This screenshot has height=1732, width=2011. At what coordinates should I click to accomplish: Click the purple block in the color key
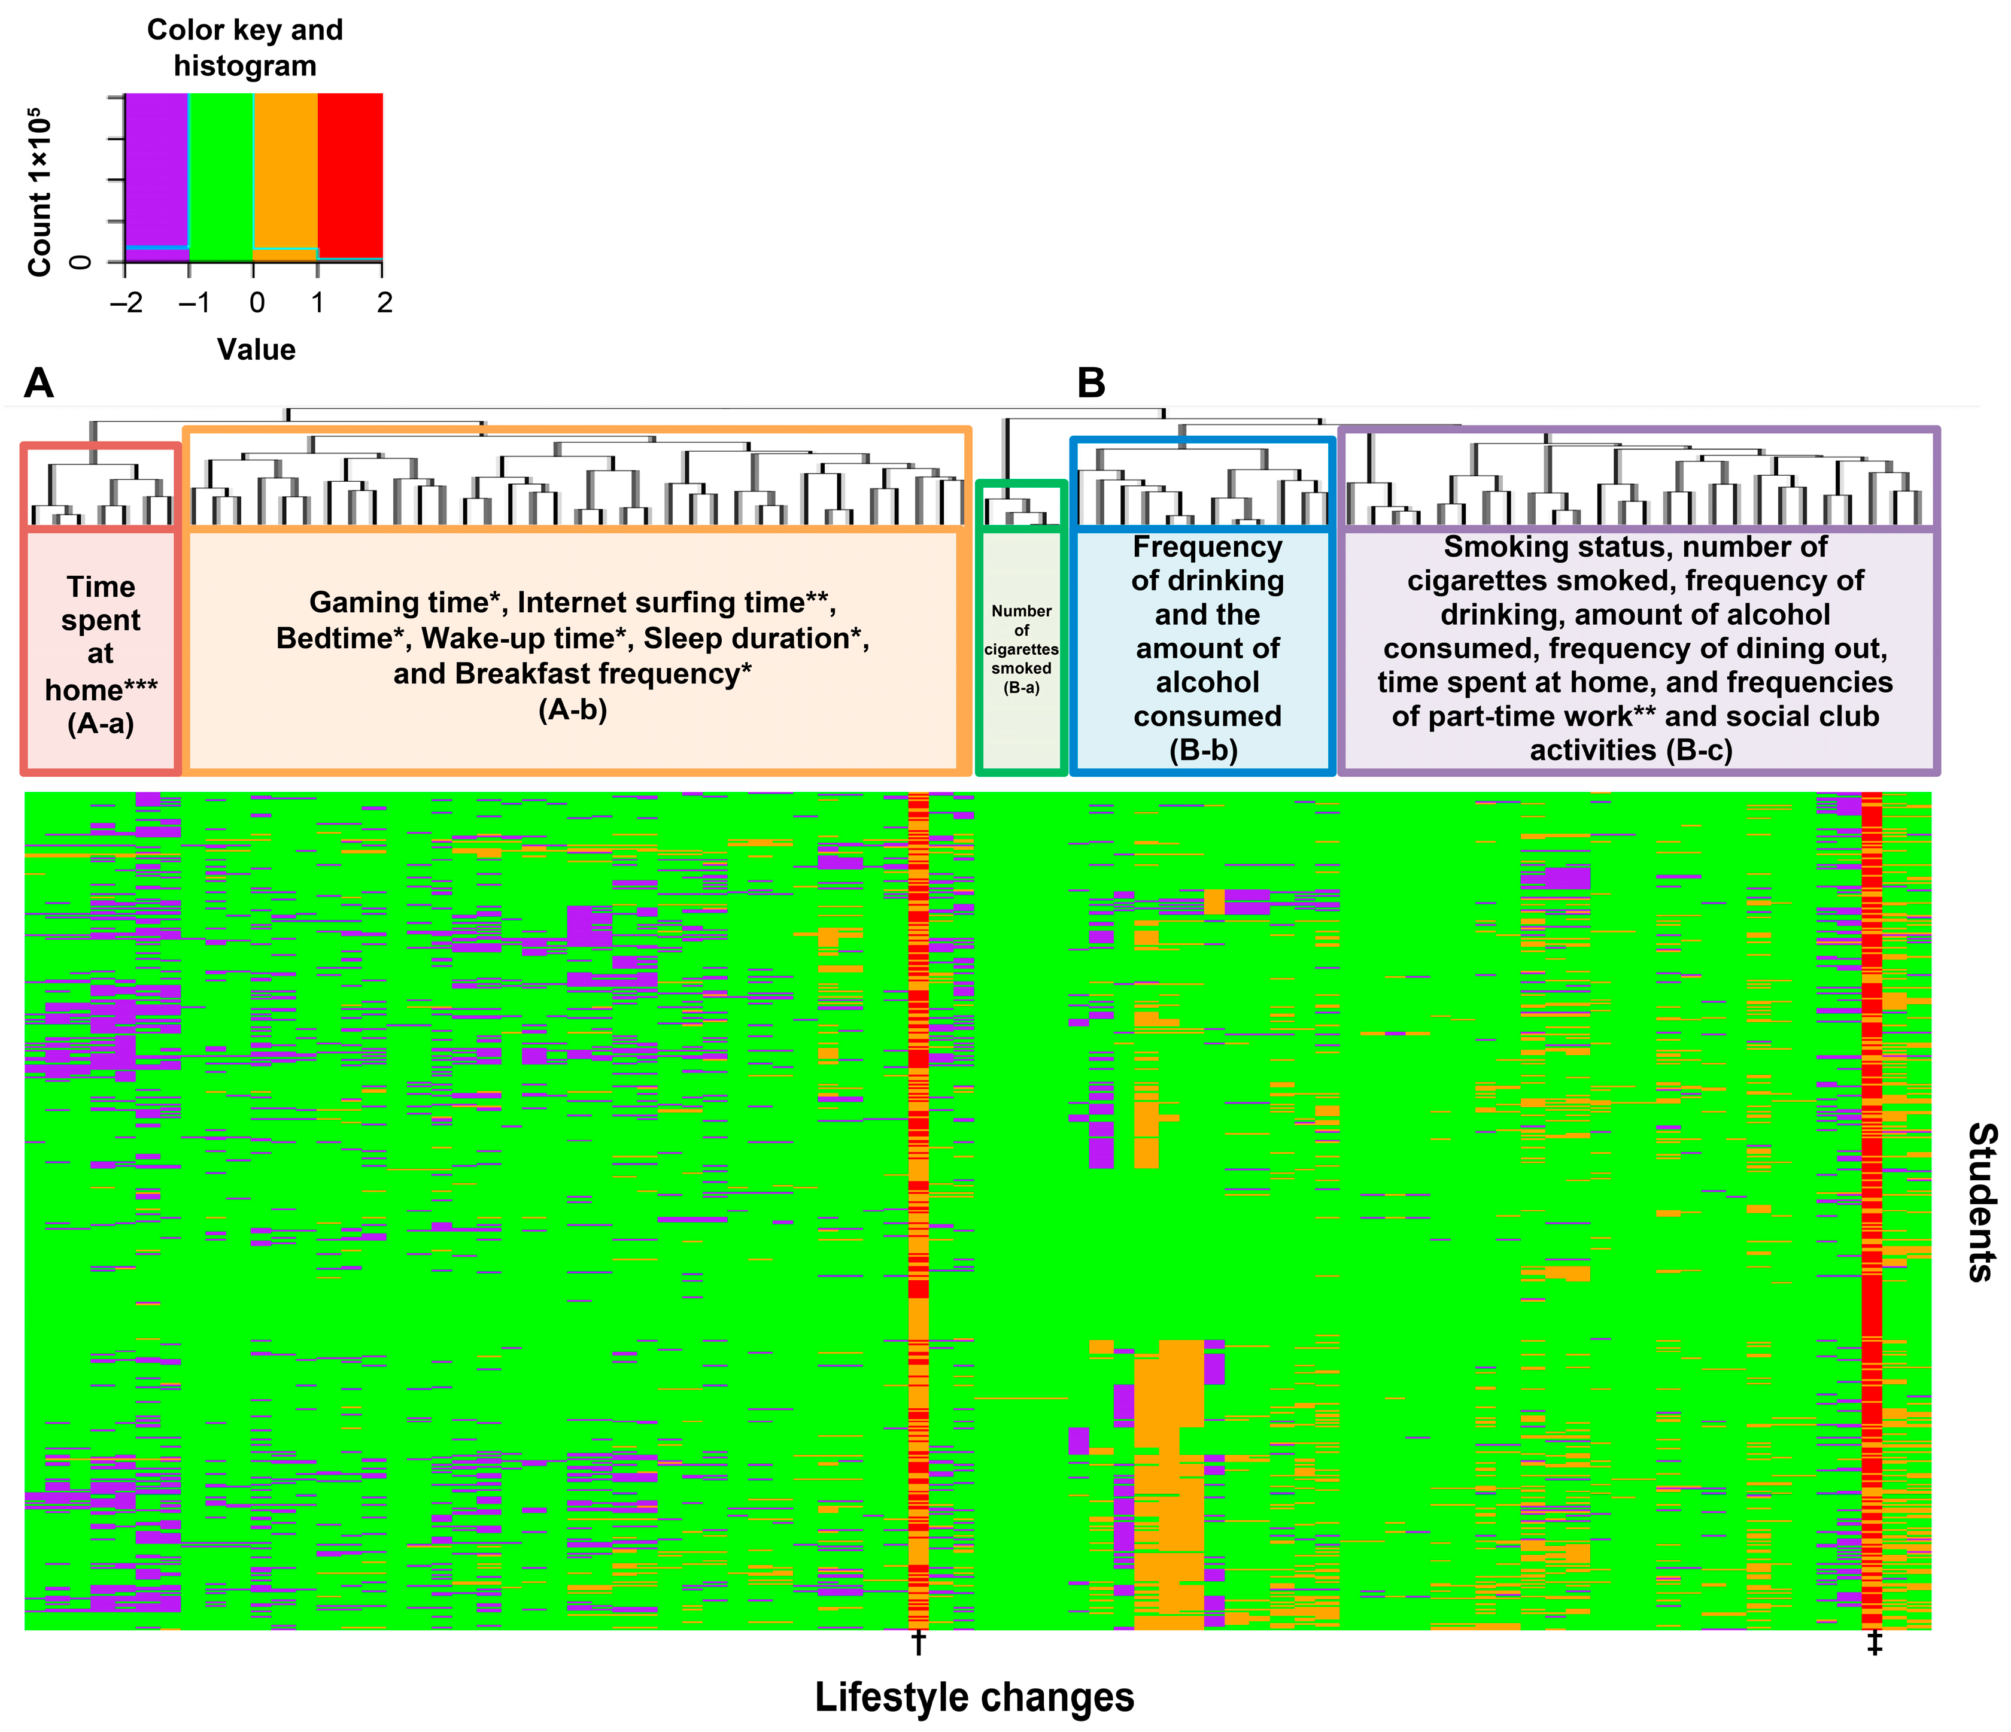156,175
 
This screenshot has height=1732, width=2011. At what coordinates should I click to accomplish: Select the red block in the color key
350,175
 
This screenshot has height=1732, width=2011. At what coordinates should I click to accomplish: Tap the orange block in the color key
285,175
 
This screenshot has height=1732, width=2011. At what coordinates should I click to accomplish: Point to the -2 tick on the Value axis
125,303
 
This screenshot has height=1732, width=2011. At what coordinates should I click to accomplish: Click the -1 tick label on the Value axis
193,303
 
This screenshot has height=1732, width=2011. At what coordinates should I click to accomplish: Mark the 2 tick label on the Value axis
384,303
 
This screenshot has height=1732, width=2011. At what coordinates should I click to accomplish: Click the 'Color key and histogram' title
245,47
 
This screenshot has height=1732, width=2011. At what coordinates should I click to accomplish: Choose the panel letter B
1091,383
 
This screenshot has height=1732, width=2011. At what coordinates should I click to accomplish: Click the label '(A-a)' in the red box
101,724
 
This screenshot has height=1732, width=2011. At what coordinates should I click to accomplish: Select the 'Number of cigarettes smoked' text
1021,640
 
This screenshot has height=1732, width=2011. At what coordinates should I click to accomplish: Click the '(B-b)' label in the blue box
1204,750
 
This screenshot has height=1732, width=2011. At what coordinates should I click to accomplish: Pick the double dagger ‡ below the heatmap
1874,1643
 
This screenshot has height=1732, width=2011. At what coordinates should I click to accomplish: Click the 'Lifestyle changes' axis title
974,1696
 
